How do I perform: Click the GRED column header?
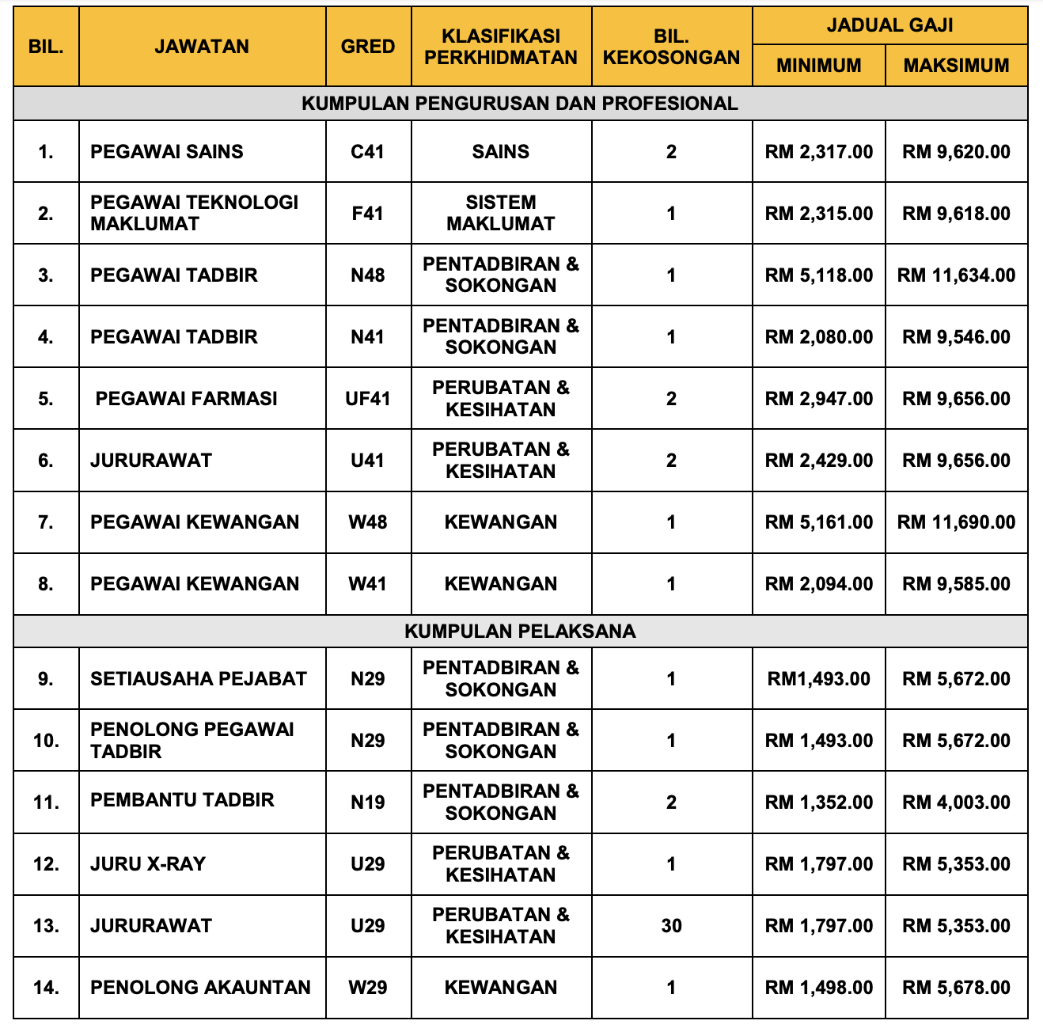point(368,47)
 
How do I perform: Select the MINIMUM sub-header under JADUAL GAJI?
point(818,66)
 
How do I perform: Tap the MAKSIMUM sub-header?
point(956,66)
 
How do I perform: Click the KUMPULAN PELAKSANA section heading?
point(520,631)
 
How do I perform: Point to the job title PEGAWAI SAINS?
point(167,151)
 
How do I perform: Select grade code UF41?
point(368,399)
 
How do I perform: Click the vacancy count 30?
point(671,925)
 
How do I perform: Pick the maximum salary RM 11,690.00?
point(956,522)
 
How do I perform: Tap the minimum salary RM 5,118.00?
point(818,275)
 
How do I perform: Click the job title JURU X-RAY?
point(148,863)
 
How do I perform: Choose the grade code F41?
point(368,213)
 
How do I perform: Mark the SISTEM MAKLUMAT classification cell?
point(501,213)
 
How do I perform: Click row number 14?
point(46,987)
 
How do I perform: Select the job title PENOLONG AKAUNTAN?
point(200,987)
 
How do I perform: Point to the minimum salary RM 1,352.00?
point(818,802)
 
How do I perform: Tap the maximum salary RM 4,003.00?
point(956,802)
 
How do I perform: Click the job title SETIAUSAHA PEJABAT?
point(198,678)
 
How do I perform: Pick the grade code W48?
point(368,522)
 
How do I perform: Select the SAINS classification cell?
point(501,151)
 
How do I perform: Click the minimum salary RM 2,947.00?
point(818,399)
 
